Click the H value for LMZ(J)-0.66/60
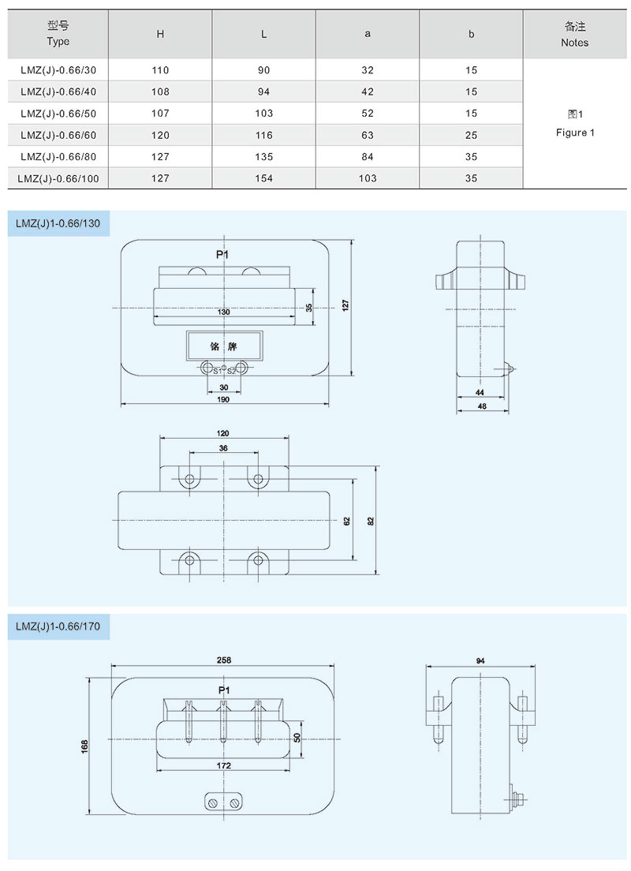click(160, 135)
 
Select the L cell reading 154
click(263, 178)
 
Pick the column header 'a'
click(368, 34)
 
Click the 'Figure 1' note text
click(575, 133)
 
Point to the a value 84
click(368, 156)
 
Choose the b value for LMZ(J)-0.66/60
click(472, 135)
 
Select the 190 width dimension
click(223, 400)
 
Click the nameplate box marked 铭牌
click(224, 346)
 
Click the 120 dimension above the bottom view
click(223, 434)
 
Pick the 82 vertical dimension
click(371, 520)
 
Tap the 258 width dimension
click(223, 660)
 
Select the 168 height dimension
click(85, 746)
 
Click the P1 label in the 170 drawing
click(223, 690)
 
